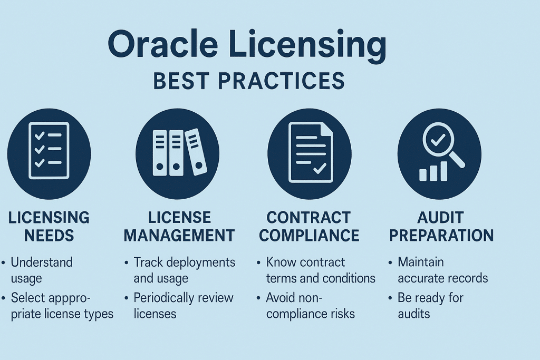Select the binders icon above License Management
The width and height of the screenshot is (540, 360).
point(178,152)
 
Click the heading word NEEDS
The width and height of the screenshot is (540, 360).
point(49,235)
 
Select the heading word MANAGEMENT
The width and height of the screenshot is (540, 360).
point(179,235)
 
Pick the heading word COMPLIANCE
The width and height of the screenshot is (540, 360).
point(310,235)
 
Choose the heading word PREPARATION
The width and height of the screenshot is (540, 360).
point(441,235)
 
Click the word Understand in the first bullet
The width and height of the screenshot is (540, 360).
point(42,262)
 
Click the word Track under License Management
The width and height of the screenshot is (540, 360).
point(147,262)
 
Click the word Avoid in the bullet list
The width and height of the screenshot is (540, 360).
point(280,298)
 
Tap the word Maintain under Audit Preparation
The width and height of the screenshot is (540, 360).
point(421,262)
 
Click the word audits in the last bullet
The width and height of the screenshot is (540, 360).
point(414,314)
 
